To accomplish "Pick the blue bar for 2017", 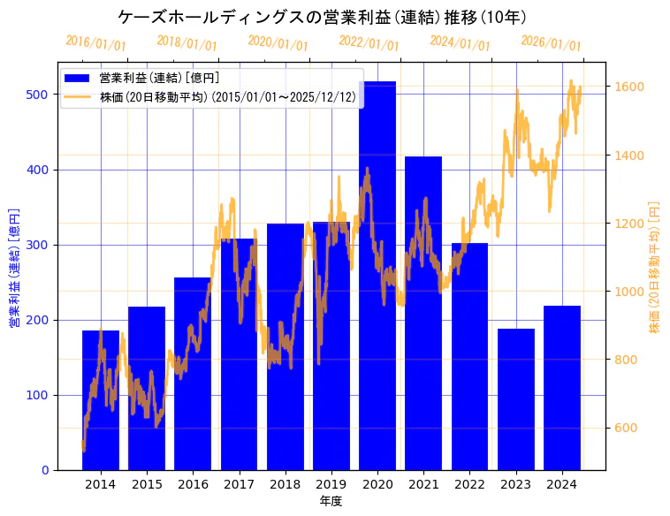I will (x=239, y=354).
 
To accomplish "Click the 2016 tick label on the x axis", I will (x=193, y=484).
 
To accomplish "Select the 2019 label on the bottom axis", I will (x=331, y=484).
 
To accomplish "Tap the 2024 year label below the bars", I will (x=561, y=484).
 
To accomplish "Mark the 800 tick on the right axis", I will (x=627, y=360).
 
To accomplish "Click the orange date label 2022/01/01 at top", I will (x=369, y=43).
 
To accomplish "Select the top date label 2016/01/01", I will (x=95, y=43).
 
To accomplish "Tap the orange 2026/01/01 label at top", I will (x=551, y=43).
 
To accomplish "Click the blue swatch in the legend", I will (x=77, y=79).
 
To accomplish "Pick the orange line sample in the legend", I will (x=77, y=97).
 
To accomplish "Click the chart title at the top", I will (x=322, y=17).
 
